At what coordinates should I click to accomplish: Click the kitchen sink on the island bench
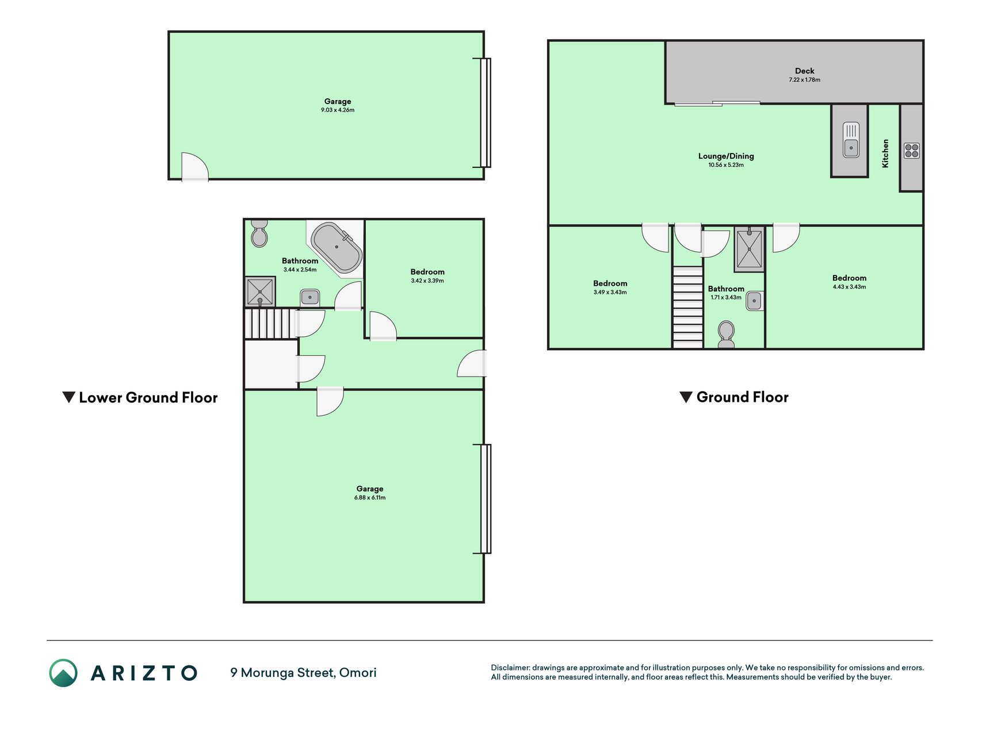point(851,140)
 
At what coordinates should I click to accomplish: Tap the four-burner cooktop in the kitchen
point(912,151)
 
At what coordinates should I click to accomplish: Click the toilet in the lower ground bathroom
point(259,233)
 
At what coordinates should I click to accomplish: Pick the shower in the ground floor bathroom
point(749,249)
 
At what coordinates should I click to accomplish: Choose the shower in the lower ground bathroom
point(260,292)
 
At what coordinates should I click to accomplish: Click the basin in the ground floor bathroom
point(754,301)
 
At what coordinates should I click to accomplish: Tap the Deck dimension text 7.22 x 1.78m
point(804,80)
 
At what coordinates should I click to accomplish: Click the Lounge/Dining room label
point(726,156)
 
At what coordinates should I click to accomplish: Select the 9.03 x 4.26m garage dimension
point(338,110)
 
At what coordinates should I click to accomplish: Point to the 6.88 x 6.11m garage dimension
point(370,497)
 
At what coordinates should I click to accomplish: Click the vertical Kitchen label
point(885,154)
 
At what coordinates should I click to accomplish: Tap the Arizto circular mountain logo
point(63,673)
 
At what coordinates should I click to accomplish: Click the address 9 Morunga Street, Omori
point(303,673)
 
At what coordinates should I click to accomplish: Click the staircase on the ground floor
point(688,307)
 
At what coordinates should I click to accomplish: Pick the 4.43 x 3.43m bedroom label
point(849,282)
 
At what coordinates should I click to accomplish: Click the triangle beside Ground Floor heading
point(686,397)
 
